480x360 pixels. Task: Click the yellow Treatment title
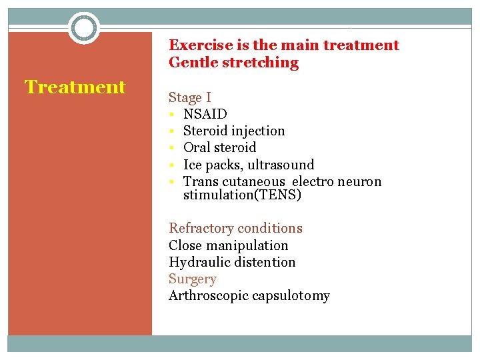(x=75, y=87)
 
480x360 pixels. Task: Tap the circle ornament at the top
(x=84, y=28)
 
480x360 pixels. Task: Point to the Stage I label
(x=189, y=98)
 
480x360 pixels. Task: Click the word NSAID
(x=205, y=114)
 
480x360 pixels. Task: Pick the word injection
(x=256, y=131)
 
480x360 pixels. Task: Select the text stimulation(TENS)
(x=242, y=195)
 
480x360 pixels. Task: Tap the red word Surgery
(x=192, y=279)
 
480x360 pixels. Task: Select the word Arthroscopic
(x=209, y=296)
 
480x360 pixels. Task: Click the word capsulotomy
(x=291, y=296)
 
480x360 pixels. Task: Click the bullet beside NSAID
(x=172, y=114)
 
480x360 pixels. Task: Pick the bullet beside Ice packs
(x=172, y=165)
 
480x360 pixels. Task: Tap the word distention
(x=264, y=263)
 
